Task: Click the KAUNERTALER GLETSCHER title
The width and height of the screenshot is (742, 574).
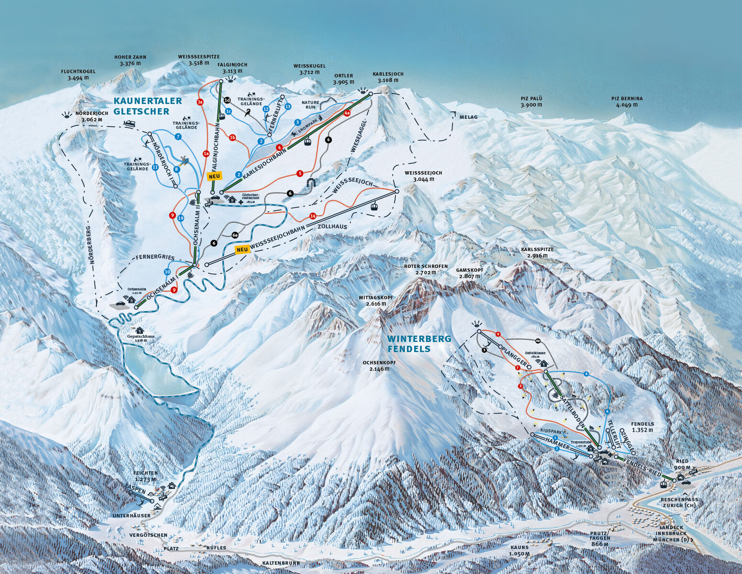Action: coord(147,106)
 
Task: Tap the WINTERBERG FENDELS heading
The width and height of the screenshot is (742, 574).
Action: coord(419,344)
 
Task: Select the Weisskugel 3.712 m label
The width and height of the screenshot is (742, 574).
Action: coord(309,69)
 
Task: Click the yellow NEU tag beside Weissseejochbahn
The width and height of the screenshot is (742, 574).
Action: coord(242,249)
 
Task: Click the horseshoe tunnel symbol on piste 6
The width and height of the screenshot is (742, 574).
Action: coord(312,182)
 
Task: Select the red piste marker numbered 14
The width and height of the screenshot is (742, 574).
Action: coord(313,216)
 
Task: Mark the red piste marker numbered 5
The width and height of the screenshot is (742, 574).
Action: coord(300,173)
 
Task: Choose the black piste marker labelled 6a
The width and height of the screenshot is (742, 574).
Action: coord(235,235)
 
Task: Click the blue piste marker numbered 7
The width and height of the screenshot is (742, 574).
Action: coord(178,136)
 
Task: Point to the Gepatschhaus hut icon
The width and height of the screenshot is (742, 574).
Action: coord(140,330)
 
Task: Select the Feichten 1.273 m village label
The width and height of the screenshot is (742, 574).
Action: coord(146,476)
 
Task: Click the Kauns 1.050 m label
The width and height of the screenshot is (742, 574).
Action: coord(520,551)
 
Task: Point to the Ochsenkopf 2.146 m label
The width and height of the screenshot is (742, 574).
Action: coord(379,365)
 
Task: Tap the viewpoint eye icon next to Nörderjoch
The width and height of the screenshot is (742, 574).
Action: coord(66,115)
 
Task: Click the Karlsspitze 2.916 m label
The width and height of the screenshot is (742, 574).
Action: coord(537,253)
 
